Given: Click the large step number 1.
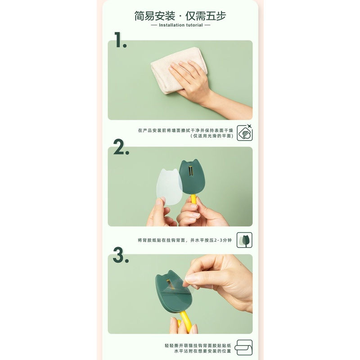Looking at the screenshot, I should pyautogui.click(x=120, y=40).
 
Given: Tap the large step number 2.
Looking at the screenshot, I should pyautogui.click(x=121, y=147).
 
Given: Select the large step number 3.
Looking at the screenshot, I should pyautogui.click(x=121, y=255).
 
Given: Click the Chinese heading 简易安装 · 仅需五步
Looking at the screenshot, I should pyautogui.click(x=180, y=16).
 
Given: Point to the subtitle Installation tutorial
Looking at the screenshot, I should pyautogui.click(x=180, y=25).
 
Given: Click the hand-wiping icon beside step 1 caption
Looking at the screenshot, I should pyautogui.click(x=244, y=133).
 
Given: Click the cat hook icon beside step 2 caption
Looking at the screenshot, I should pyautogui.click(x=244, y=240).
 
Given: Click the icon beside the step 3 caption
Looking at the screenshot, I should pyautogui.click(x=244, y=348).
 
